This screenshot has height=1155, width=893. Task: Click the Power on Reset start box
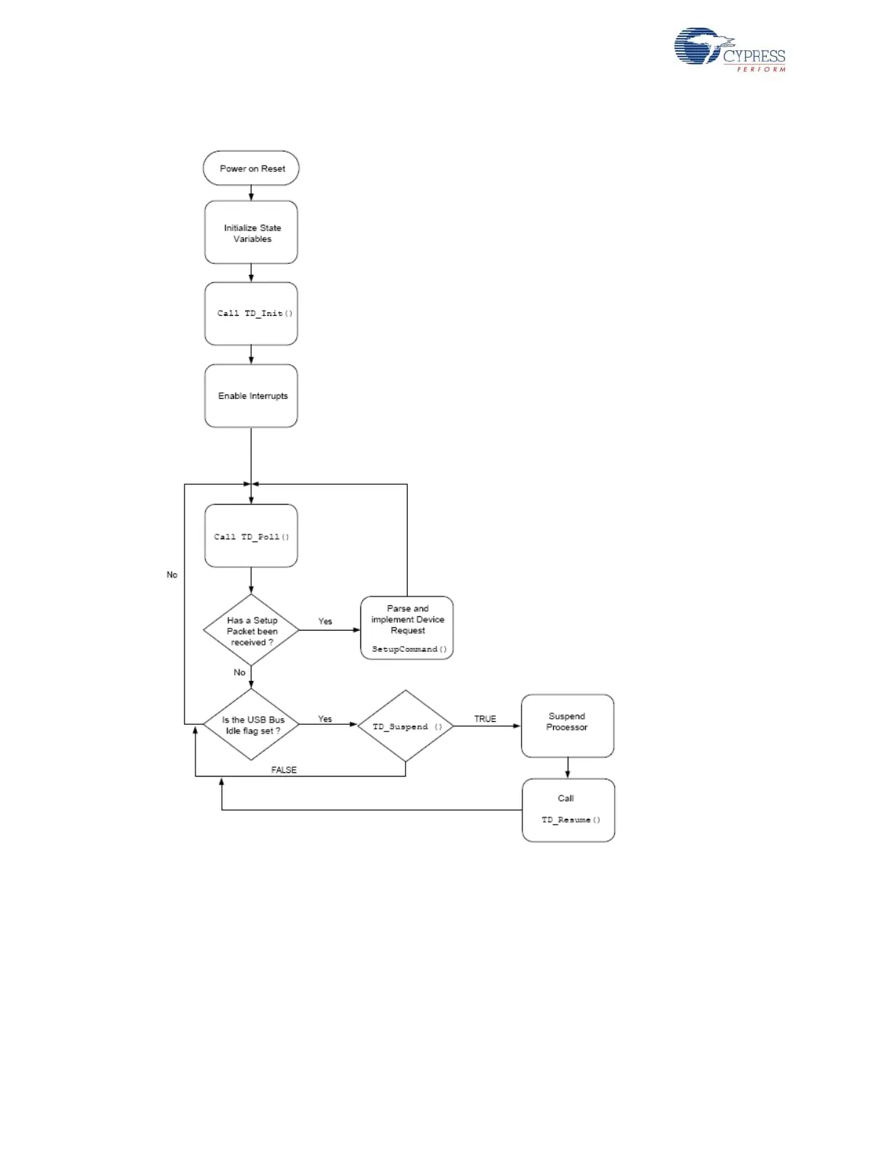(x=251, y=168)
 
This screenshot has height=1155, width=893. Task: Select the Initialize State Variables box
(x=251, y=233)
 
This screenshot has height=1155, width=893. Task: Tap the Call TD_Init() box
(x=251, y=314)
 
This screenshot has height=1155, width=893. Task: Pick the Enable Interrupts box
(x=251, y=396)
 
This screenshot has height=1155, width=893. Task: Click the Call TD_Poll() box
(x=251, y=536)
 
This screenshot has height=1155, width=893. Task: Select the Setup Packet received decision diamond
(x=251, y=631)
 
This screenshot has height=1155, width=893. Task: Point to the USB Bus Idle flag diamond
(x=251, y=725)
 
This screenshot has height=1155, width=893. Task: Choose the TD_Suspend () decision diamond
(x=406, y=726)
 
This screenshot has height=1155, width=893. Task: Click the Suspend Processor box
(x=568, y=726)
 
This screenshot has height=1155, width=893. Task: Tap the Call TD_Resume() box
(x=568, y=810)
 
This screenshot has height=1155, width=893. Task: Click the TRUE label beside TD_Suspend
(x=485, y=719)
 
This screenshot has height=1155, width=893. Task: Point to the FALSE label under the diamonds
(x=284, y=770)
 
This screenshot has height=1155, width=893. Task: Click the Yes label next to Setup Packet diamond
(x=325, y=621)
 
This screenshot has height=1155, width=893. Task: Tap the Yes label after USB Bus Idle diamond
(x=325, y=719)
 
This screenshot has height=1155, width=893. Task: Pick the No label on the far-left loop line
(x=172, y=575)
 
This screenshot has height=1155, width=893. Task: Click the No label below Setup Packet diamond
(x=239, y=672)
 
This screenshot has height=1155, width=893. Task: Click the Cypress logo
(x=730, y=50)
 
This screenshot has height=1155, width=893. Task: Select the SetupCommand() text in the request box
(x=409, y=649)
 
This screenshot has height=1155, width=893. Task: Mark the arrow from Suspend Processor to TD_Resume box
(x=568, y=768)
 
